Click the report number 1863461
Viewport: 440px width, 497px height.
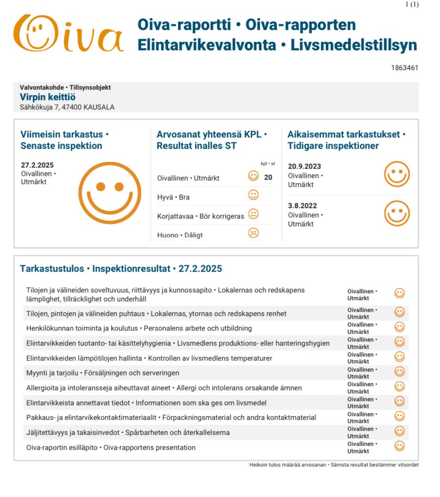click(x=404, y=68)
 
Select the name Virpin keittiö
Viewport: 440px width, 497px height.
click(x=48, y=97)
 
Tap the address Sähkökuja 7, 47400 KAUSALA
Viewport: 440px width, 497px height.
click(x=67, y=107)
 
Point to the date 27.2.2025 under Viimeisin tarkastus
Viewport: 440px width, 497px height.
click(x=37, y=165)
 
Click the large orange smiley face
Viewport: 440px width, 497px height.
click(x=110, y=193)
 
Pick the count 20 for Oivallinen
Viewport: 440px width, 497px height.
click(x=268, y=177)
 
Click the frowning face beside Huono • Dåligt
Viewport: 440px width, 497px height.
click(x=253, y=233)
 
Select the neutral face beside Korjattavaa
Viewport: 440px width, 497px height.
click(x=253, y=214)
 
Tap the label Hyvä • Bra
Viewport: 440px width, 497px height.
click(x=173, y=197)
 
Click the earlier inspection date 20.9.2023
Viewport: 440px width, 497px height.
click(x=304, y=167)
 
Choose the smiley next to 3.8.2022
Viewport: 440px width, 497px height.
click(x=397, y=213)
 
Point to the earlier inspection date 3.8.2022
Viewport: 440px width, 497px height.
click(x=302, y=206)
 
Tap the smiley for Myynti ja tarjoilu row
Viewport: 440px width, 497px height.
click(x=399, y=372)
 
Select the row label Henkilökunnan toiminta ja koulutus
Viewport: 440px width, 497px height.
click(x=139, y=328)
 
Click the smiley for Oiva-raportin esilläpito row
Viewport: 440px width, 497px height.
click(x=399, y=446)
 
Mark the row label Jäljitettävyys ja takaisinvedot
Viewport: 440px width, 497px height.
click(x=128, y=432)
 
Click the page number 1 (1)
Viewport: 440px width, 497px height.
click(x=411, y=4)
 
